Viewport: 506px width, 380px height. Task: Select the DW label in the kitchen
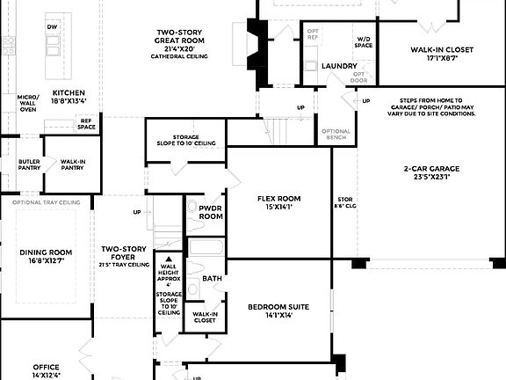pyautogui.click(x=52, y=27)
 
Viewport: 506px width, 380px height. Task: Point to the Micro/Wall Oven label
pyautogui.click(x=28, y=103)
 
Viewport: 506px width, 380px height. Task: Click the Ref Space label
pyautogui.click(x=86, y=123)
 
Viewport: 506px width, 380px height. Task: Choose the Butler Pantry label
pyautogui.click(x=29, y=164)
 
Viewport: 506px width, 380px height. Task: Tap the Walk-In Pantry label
pyautogui.click(x=72, y=164)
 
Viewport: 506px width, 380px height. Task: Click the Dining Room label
pyautogui.click(x=48, y=256)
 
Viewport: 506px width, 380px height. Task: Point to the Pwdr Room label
pyautogui.click(x=210, y=212)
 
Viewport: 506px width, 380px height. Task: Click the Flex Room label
pyautogui.click(x=278, y=203)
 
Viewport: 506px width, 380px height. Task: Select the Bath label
pyautogui.click(x=212, y=278)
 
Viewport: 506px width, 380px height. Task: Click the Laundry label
pyautogui.click(x=338, y=66)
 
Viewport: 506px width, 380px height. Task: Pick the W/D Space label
pyautogui.click(x=364, y=41)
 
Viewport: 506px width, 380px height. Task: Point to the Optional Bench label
pyautogui.click(x=336, y=134)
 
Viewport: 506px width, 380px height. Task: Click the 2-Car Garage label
pyautogui.click(x=431, y=172)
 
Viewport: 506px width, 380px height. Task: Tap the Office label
pyautogui.click(x=46, y=370)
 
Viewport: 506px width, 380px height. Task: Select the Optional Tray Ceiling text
pyautogui.click(x=46, y=201)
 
